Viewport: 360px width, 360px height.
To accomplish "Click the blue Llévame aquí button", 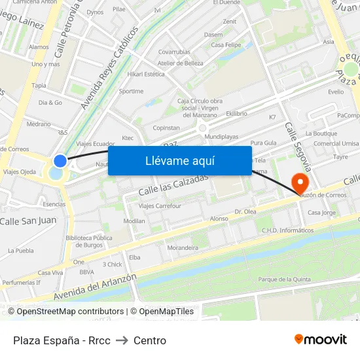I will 179,160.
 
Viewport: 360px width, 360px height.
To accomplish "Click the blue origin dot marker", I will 60,160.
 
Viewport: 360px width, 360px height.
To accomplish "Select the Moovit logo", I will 320,339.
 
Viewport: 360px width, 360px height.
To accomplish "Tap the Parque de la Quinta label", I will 284,279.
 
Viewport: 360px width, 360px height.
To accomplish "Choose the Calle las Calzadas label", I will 173,184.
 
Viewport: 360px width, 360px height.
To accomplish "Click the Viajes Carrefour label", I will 160,206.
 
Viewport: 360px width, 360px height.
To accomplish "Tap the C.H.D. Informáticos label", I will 287,230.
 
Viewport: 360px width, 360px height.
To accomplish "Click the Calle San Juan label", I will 28,221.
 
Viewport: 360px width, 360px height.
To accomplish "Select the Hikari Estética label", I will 146,74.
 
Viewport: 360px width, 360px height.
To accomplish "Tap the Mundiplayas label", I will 221,137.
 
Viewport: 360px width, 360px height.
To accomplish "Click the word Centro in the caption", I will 150,340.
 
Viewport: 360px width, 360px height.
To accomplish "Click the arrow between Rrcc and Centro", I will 122,340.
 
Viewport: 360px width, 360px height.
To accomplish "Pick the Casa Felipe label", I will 226,45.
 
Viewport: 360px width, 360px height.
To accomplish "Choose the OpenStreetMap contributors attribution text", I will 70,312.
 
